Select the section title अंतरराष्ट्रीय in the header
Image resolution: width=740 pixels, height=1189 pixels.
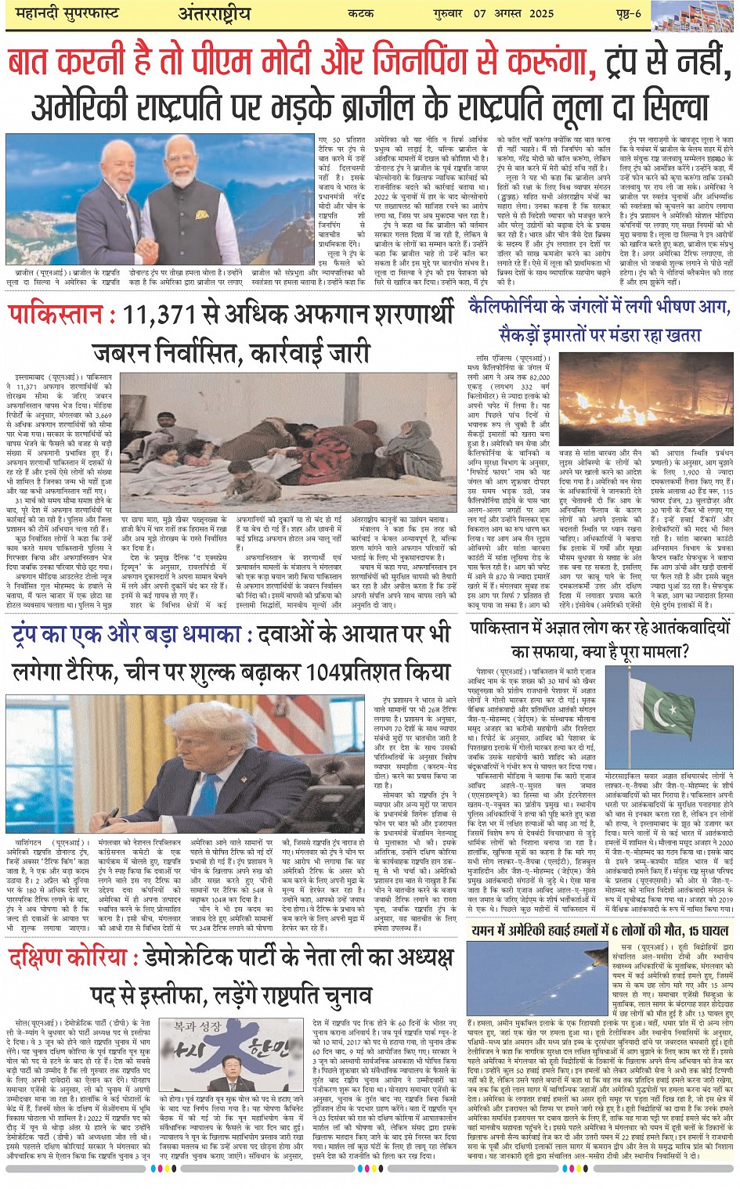pos(213,14)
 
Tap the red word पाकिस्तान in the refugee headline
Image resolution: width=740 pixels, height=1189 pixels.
pos(56,315)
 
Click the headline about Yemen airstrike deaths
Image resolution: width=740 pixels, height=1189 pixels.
pos(600,931)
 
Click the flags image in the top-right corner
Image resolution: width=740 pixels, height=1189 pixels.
pos(694,15)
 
